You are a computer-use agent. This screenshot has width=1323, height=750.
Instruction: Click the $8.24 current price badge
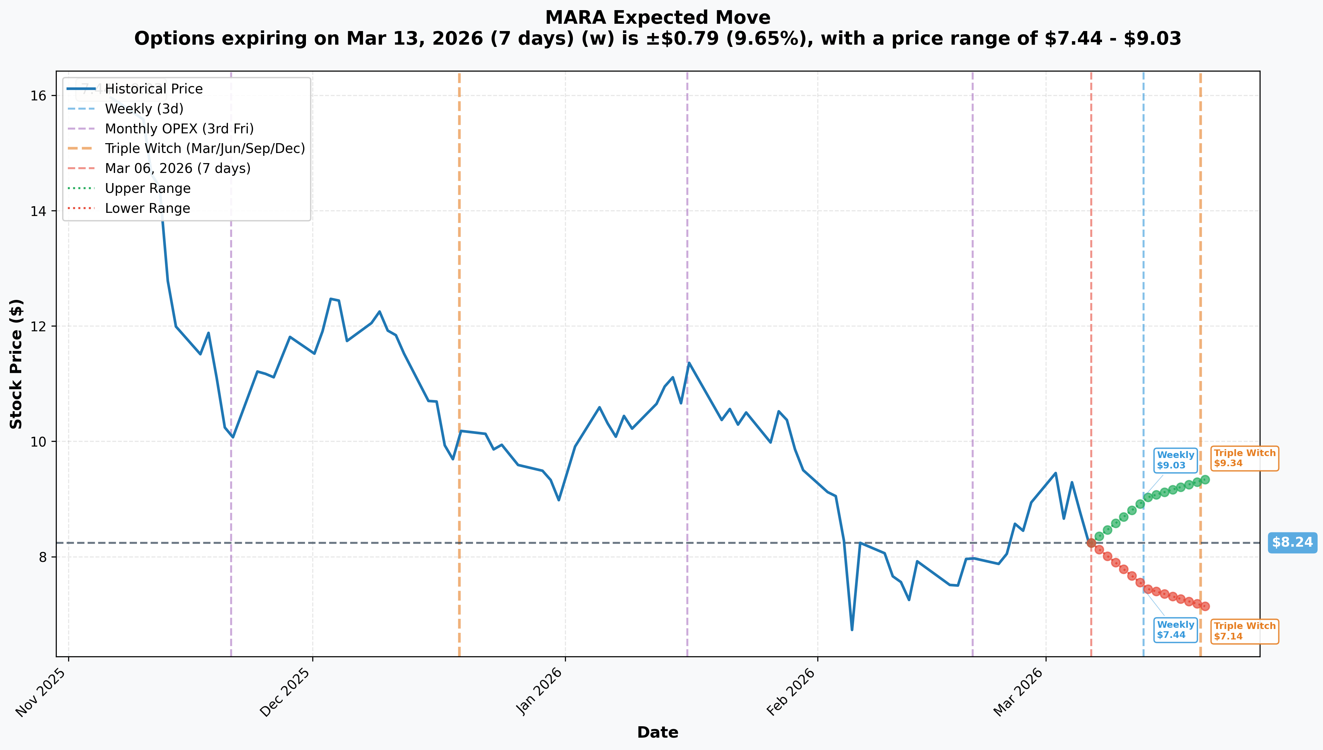tap(1292, 543)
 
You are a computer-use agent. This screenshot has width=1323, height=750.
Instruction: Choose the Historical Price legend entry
tap(135, 89)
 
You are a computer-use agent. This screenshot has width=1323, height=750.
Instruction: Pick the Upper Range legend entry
tap(129, 188)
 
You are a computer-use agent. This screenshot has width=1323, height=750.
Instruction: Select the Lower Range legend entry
tap(129, 208)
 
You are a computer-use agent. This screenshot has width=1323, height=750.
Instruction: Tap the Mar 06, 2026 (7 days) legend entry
tap(159, 168)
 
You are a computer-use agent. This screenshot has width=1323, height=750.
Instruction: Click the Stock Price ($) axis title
tap(16, 364)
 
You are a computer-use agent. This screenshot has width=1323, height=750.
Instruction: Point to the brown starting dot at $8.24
tap(1091, 543)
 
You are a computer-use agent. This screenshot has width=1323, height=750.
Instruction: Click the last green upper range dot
tap(1205, 480)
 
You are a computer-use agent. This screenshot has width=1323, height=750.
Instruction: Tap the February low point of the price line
tap(852, 629)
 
